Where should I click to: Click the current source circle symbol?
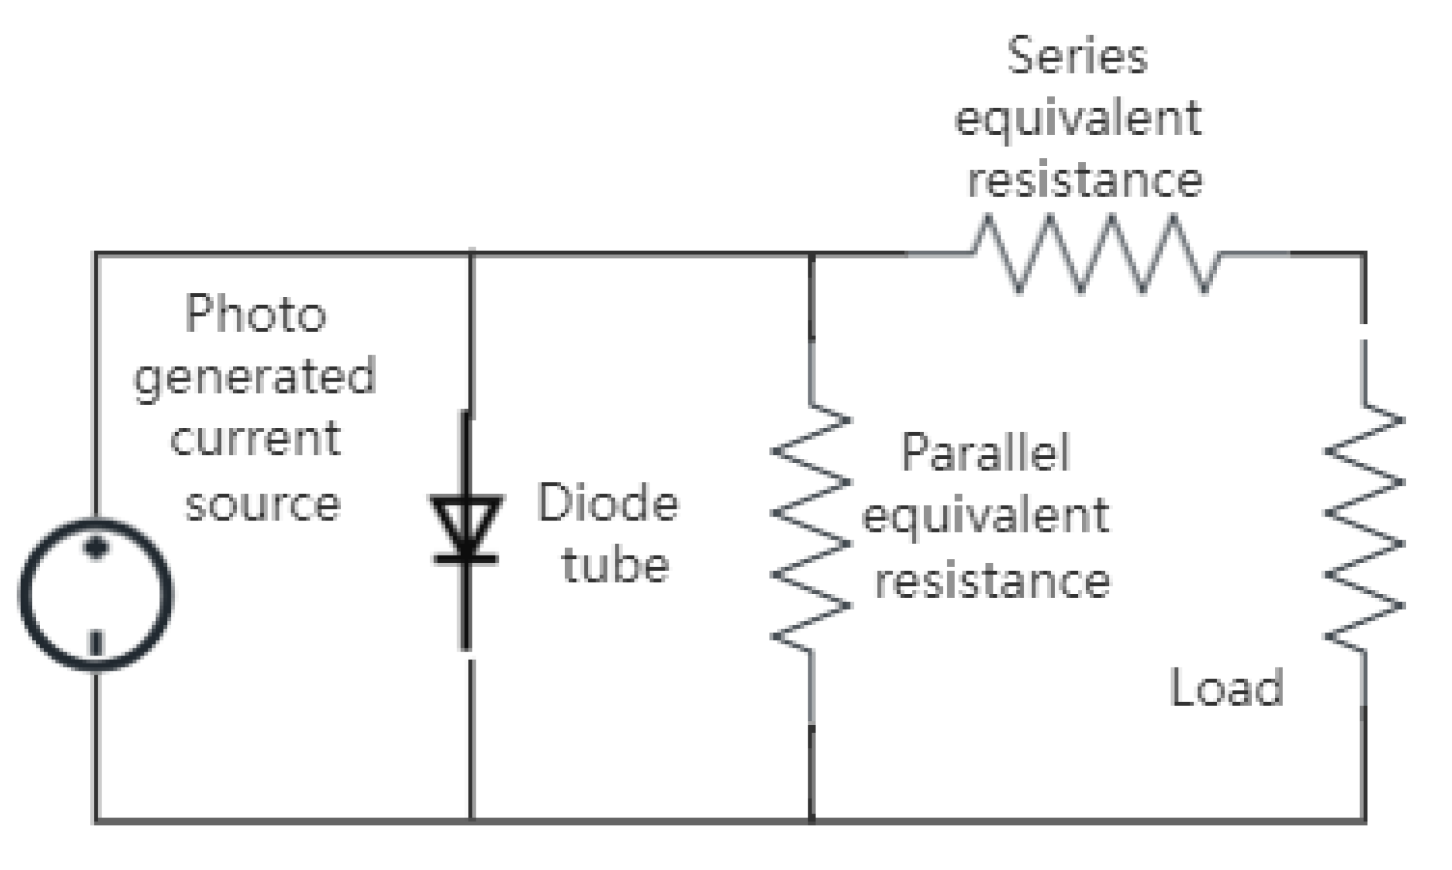click(x=96, y=593)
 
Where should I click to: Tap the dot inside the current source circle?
click(x=96, y=547)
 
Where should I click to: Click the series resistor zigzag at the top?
click(x=1096, y=254)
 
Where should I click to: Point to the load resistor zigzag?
click(x=1365, y=528)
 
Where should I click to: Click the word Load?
click(x=1226, y=688)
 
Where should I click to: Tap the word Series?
click(x=1077, y=56)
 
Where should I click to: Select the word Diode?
click(x=608, y=504)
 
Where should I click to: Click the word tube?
click(x=615, y=565)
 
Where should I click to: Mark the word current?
click(x=255, y=439)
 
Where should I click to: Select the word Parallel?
click(x=985, y=452)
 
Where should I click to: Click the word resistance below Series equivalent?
click(x=1085, y=180)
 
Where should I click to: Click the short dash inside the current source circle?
click(x=96, y=643)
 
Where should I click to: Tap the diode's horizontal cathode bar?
click(x=466, y=559)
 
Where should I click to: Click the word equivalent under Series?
click(x=1077, y=119)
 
